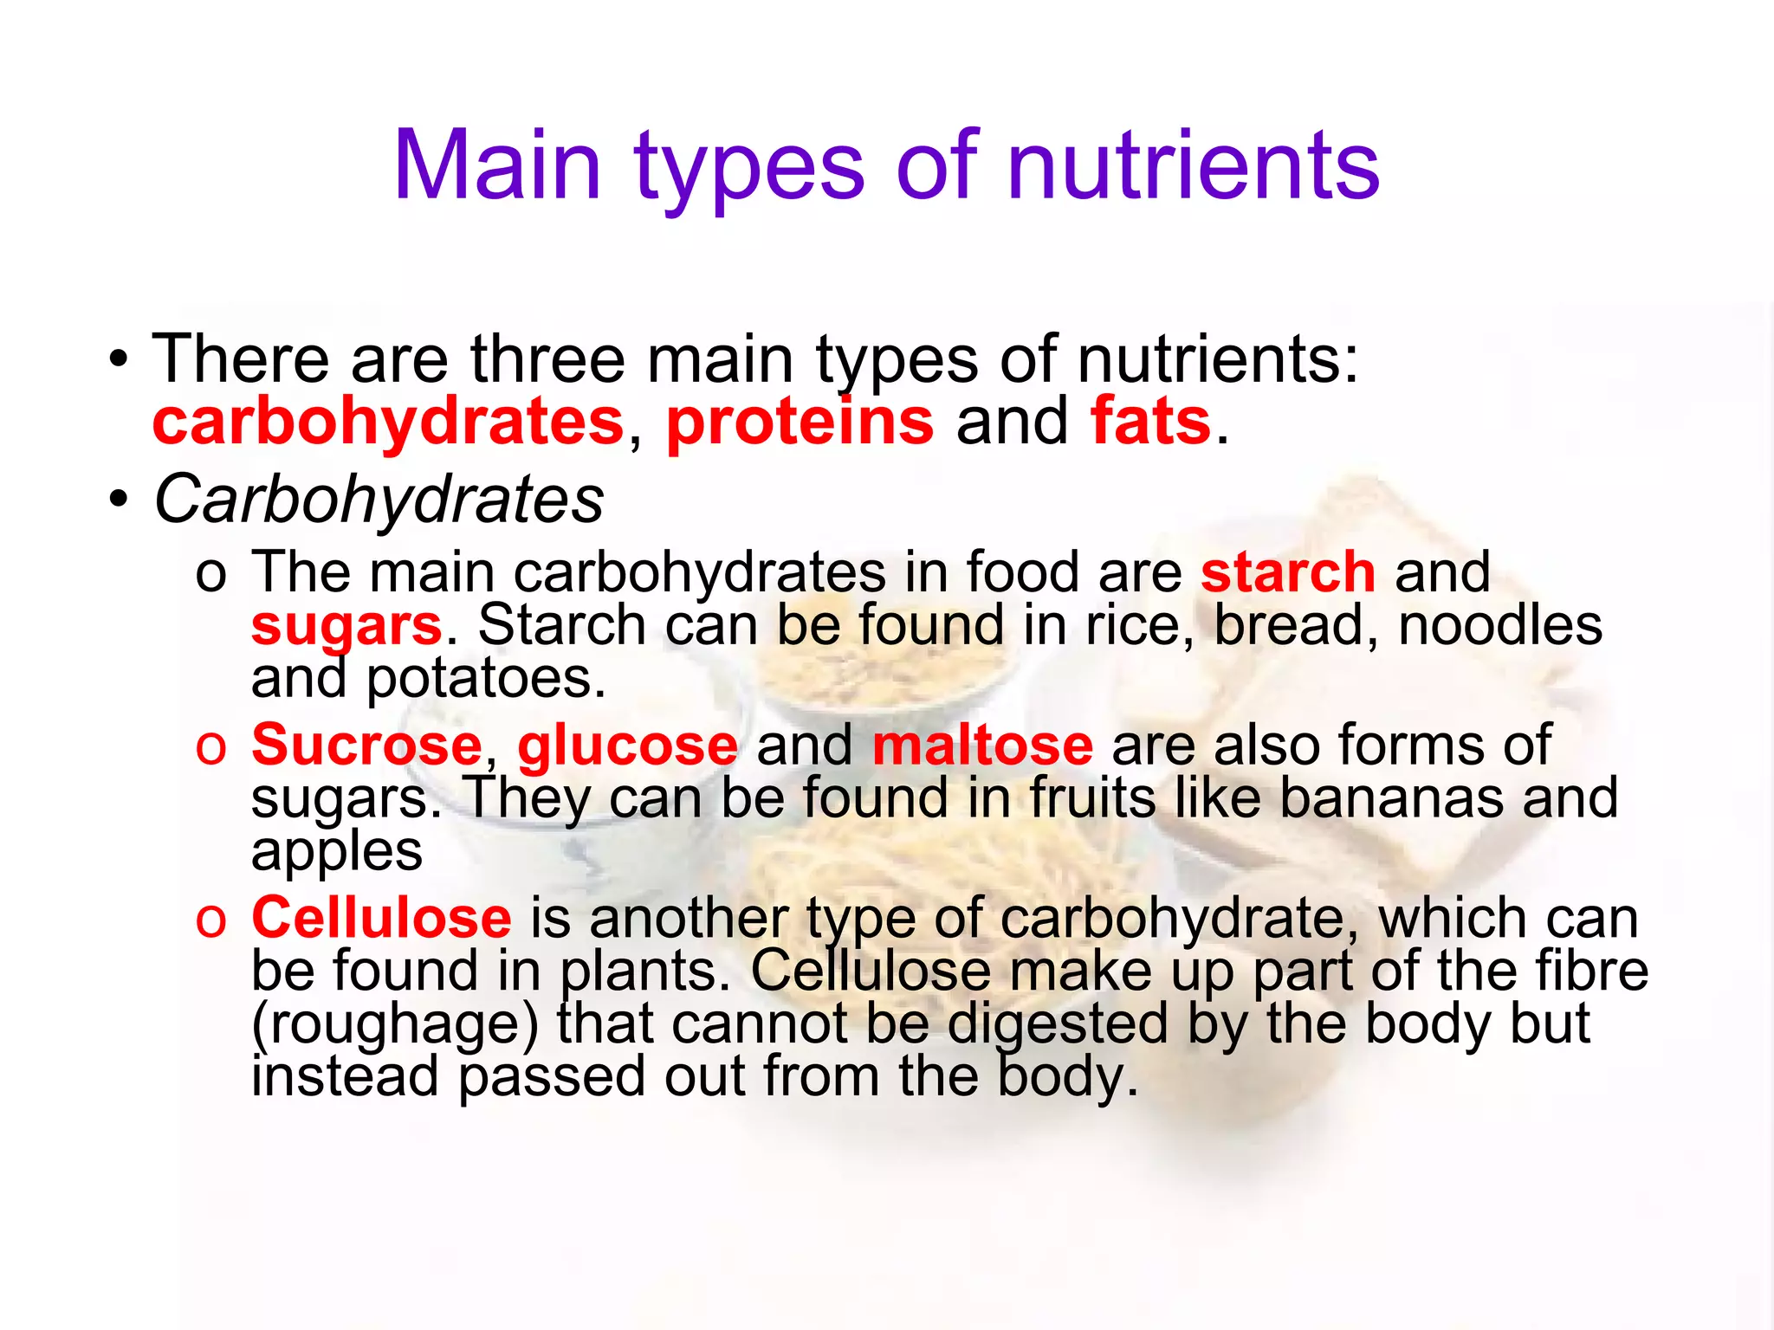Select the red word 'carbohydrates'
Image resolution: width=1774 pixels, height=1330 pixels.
pos(388,423)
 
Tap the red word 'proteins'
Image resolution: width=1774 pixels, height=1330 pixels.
pos(800,423)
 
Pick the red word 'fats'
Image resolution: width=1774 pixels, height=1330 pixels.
pos(1150,423)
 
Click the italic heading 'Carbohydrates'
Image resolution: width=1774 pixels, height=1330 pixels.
pos(379,500)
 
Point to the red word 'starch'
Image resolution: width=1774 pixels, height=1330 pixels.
pos(1287,572)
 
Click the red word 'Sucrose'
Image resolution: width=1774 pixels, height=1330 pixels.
pos(366,745)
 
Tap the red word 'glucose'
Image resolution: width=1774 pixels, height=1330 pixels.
pos(628,745)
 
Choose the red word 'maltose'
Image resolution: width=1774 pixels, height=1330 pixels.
pos(982,745)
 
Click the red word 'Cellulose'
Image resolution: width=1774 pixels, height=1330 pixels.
pos(381,918)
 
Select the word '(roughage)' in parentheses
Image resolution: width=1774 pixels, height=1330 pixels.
pos(395,1025)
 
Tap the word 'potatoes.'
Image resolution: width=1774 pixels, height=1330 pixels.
pos(486,679)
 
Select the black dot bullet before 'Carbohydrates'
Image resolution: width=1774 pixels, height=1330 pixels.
pos(119,501)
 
